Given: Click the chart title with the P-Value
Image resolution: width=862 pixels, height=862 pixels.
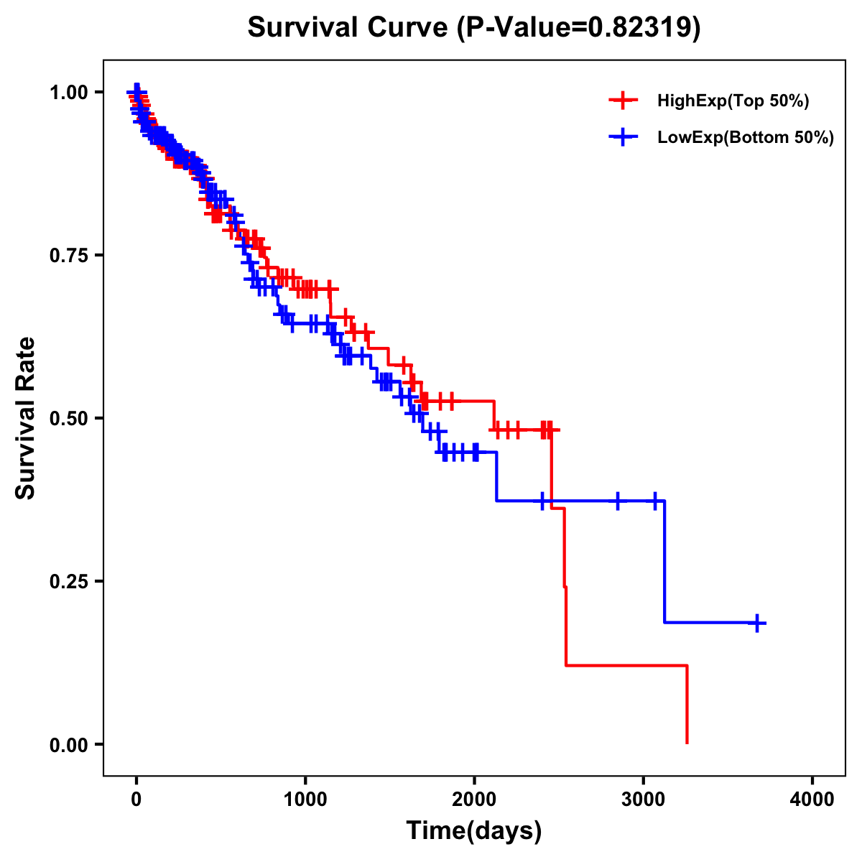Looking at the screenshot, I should (473, 27).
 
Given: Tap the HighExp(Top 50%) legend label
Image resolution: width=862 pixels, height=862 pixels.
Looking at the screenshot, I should (733, 101).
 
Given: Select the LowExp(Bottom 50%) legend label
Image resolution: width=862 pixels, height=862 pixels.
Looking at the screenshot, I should (746, 138).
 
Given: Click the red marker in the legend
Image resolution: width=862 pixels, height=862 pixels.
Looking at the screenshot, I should (623, 101).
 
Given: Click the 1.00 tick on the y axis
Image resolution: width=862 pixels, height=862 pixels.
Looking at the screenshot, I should (68, 92).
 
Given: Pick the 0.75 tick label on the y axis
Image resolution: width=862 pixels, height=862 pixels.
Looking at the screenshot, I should (68, 255).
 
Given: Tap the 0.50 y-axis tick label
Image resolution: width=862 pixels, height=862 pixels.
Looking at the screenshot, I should (68, 418).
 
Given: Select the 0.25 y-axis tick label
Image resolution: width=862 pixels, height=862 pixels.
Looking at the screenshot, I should (68, 581).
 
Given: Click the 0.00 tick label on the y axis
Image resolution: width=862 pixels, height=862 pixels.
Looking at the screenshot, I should (68, 744).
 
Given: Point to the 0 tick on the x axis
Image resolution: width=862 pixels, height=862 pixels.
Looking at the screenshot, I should (136, 800).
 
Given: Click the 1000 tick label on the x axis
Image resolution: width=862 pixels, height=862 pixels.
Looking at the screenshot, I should (305, 800).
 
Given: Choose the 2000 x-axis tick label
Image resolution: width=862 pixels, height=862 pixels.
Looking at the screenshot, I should (474, 800).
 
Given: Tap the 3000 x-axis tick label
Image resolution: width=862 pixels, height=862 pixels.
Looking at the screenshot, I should (643, 800).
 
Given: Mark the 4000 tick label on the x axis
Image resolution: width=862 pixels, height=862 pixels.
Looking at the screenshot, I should (812, 800).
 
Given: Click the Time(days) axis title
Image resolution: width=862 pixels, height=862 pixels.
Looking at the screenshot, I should (474, 831).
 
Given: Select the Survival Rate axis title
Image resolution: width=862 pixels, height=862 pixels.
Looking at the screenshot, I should (27, 418).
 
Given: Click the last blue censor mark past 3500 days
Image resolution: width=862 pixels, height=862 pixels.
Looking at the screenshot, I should (756, 623).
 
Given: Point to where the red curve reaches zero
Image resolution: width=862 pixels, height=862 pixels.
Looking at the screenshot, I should (687, 743).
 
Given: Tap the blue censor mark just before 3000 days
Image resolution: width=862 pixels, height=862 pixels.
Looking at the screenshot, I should (617, 501).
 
